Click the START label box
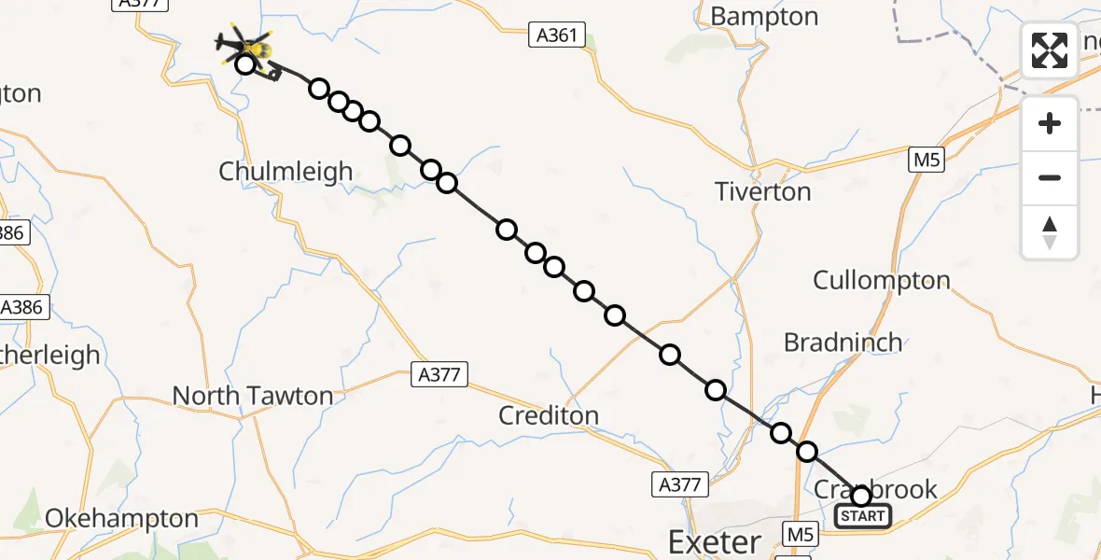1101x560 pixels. coord(863,516)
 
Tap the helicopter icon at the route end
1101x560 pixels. coord(244,46)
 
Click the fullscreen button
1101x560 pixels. coord(1050,50)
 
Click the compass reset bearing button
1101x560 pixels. coord(1050,232)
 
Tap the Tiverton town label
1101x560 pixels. coord(762,191)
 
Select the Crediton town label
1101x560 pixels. coord(549,415)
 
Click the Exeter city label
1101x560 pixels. coord(715,542)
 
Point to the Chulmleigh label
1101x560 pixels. coord(286,172)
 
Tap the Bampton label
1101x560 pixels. coord(764,17)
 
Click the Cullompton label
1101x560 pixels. coord(881,280)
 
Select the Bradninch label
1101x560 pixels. coord(843,343)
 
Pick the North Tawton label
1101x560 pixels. coord(252,396)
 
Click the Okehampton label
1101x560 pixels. coord(121,519)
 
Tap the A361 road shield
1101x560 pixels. coord(557,36)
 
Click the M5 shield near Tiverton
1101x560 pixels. coord(926,161)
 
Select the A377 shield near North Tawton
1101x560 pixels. coord(439,375)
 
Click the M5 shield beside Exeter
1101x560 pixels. coord(801,535)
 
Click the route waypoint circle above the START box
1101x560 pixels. coord(861,496)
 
